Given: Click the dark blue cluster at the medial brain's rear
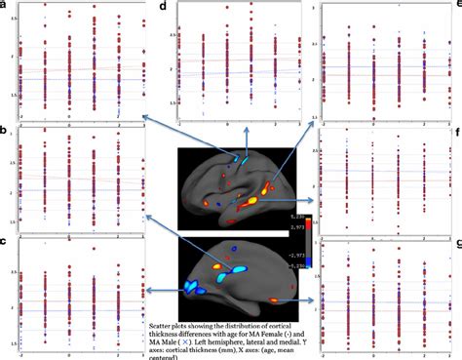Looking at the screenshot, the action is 191,287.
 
